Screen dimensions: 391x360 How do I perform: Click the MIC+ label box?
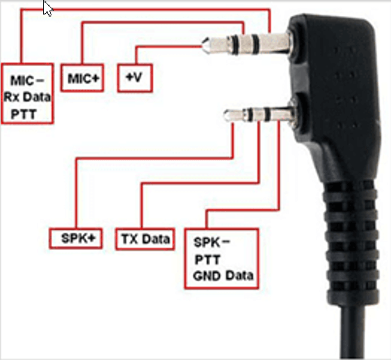[x=82, y=78]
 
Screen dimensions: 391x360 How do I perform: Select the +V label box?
[x=135, y=78]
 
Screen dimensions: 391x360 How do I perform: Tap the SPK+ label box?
[x=76, y=238]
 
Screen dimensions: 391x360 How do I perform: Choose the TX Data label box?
[x=145, y=239]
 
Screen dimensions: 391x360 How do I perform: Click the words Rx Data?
[x=27, y=97]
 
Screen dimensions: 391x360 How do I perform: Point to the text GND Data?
[x=223, y=276]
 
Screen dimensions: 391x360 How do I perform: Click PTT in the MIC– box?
[x=24, y=114]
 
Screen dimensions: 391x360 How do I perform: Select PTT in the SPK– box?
[x=207, y=260]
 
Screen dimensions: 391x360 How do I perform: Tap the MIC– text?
[x=27, y=80]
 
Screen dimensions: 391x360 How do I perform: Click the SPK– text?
[x=212, y=242]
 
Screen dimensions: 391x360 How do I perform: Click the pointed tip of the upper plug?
[x=203, y=46]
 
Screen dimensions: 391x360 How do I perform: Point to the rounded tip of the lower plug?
[x=225, y=116]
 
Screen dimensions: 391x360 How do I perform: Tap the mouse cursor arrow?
[x=47, y=8]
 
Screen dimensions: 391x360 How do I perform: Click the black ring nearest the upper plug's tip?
[x=235, y=45]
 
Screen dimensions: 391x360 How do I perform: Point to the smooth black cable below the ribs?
[x=352, y=329]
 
